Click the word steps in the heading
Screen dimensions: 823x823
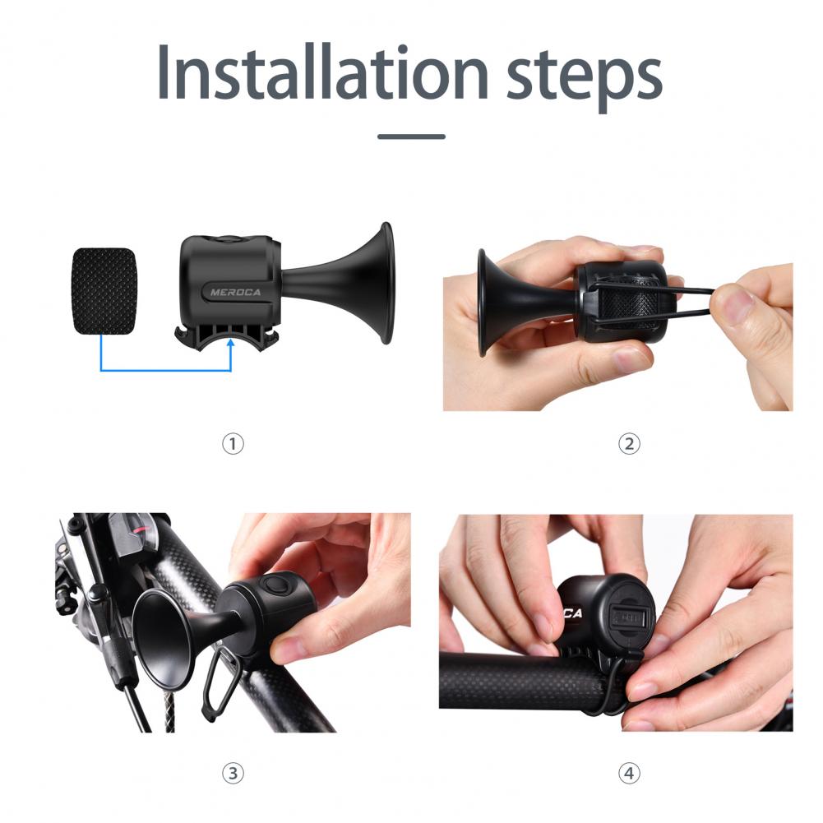point(585,77)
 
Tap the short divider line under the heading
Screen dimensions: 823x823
point(411,136)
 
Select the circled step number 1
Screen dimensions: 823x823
point(233,444)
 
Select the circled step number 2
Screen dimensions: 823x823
point(629,444)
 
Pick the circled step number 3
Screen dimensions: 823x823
point(233,773)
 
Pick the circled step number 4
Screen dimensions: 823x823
point(629,773)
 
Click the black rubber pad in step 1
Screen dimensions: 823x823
point(104,291)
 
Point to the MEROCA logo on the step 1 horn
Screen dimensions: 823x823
point(235,293)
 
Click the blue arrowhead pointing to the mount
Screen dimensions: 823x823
point(230,344)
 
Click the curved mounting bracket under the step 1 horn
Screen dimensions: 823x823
point(226,335)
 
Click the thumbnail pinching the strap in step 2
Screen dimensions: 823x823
point(730,302)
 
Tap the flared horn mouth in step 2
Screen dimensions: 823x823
point(482,303)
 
